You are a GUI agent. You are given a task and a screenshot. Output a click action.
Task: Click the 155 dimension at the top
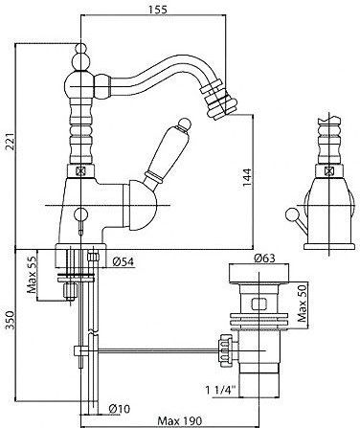[x=157, y=10]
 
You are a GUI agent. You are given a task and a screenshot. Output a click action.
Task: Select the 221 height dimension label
[x=11, y=141]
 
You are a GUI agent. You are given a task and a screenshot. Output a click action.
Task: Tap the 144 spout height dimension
[x=247, y=177]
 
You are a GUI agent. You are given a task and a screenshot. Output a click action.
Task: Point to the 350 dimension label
[x=10, y=321]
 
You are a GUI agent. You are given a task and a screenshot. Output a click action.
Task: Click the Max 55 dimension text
[x=33, y=275]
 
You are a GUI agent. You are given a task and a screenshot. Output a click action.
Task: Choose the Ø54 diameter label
[x=124, y=261]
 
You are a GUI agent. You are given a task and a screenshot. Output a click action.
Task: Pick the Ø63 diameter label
[x=264, y=259]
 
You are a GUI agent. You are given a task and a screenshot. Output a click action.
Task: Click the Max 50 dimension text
[x=302, y=304]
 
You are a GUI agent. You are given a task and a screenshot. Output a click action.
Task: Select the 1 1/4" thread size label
[x=220, y=390]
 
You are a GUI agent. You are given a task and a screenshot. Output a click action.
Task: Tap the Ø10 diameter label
[x=120, y=409]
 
